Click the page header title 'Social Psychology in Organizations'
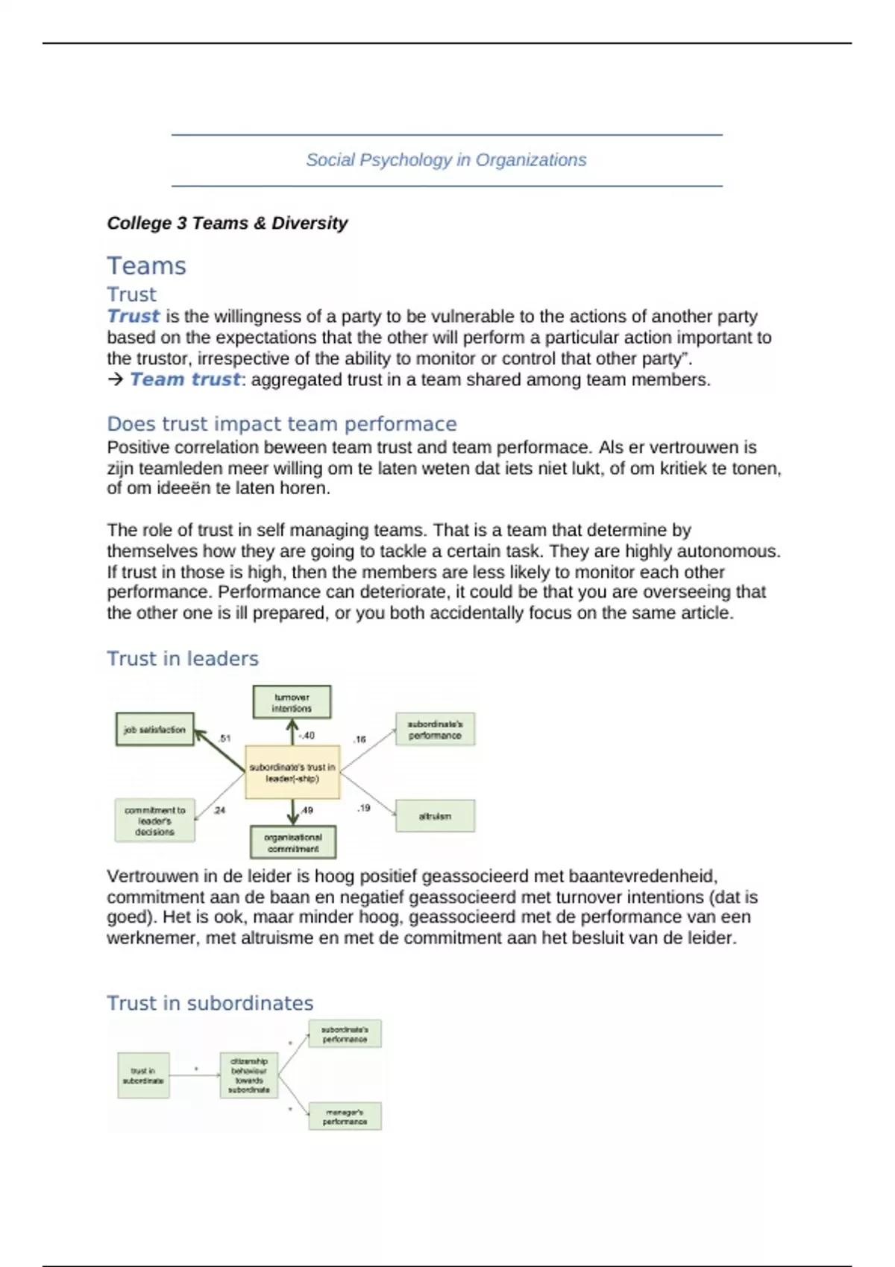[x=446, y=160]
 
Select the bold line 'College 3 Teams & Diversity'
[x=227, y=223]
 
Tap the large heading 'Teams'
[x=146, y=266]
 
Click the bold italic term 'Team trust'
[x=185, y=379]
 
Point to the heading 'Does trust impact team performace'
[x=281, y=424]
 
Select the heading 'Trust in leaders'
[x=182, y=659]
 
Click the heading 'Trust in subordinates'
[x=210, y=1003]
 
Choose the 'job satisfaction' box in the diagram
[x=154, y=730]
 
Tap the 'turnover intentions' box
[x=292, y=703]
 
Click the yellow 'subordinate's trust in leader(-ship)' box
[x=292, y=772]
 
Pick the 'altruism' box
[x=435, y=816]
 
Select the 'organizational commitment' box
[x=292, y=843]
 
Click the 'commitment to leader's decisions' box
[x=154, y=821]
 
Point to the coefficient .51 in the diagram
[x=225, y=739]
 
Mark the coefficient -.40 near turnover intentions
[x=307, y=736]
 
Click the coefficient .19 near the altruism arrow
[x=363, y=808]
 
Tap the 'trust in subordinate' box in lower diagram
[x=143, y=1075]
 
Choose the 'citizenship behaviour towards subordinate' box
[x=249, y=1075]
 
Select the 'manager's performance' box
[x=345, y=1116]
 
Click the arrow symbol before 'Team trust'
[x=115, y=379]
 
